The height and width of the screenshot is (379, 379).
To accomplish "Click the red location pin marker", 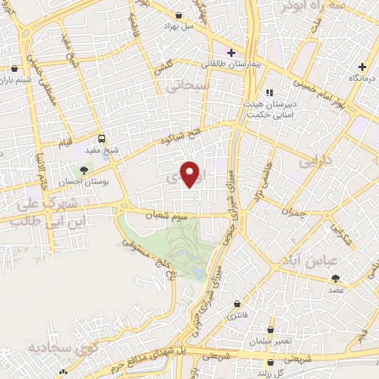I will point(190,174).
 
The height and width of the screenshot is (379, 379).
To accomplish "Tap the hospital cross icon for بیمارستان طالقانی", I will point(231,53).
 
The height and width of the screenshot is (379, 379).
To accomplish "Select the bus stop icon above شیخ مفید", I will point(101,138).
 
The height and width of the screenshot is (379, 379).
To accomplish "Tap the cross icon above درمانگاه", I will point(363,67).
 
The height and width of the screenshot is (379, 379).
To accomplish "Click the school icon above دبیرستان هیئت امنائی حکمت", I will point(270,93).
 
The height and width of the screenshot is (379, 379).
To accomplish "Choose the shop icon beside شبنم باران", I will point(13,69).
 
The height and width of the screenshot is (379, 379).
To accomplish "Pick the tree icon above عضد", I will point(336,278).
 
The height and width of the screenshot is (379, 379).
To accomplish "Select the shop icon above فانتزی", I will point(237,304).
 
